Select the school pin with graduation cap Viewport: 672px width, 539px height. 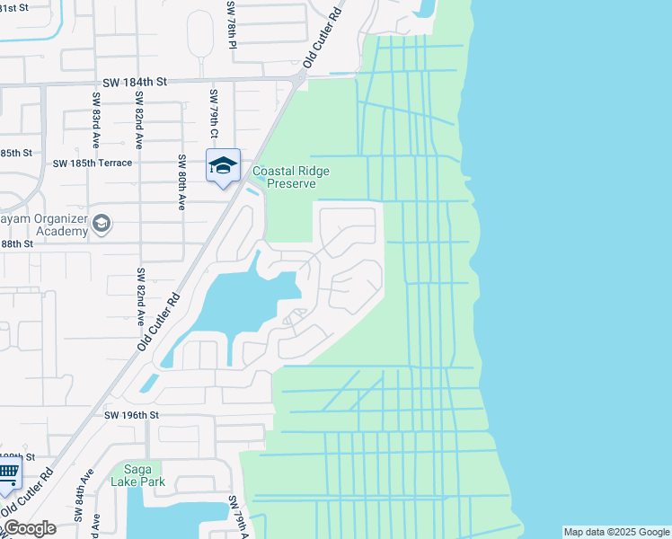tap(223, 165)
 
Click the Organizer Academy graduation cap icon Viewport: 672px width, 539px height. tap(102, 224)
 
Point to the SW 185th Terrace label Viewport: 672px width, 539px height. tap(93, 163)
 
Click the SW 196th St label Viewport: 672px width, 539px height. tap(131, 415)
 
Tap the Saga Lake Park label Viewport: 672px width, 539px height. tap(137, 473)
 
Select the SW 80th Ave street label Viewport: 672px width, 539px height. tap(181, 182)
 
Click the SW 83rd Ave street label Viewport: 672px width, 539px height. tap(94, 115)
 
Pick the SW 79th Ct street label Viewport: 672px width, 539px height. tap(214, 115)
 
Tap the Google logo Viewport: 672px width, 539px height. tap(29, 528)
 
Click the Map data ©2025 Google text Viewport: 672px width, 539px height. tap(615, 532)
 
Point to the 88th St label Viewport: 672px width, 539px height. tap(16, 243)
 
